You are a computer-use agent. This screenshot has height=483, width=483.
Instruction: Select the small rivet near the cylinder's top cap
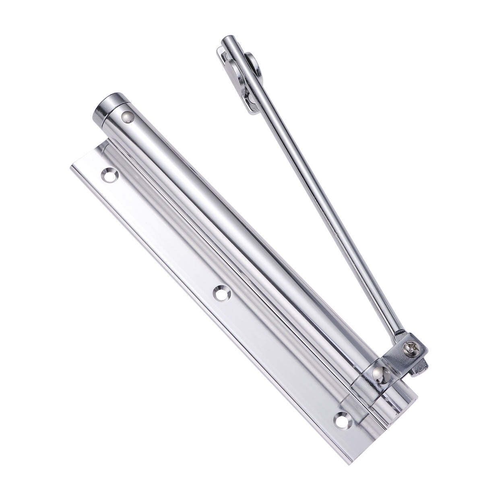[127, 117]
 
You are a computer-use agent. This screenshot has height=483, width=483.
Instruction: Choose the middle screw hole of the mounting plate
[221, 293]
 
